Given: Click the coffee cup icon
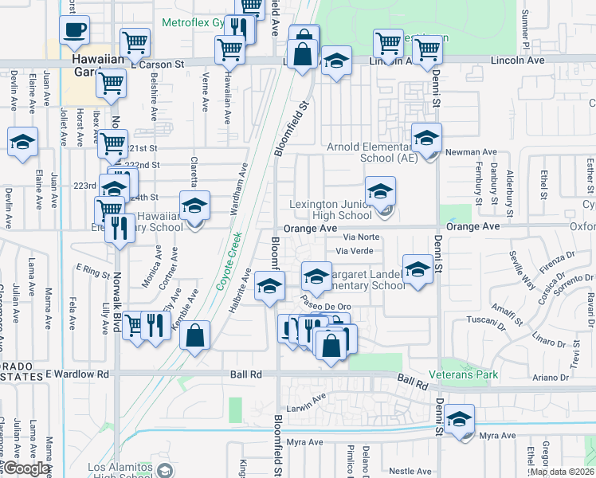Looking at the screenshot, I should click(74, 30).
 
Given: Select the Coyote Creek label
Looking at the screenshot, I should click(228, 276).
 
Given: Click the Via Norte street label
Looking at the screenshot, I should click(361, 237).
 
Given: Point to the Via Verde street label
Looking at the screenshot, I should click(354, 251).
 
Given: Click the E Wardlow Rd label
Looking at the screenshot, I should click(77, 374).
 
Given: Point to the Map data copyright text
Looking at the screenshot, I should click(562, 472).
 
